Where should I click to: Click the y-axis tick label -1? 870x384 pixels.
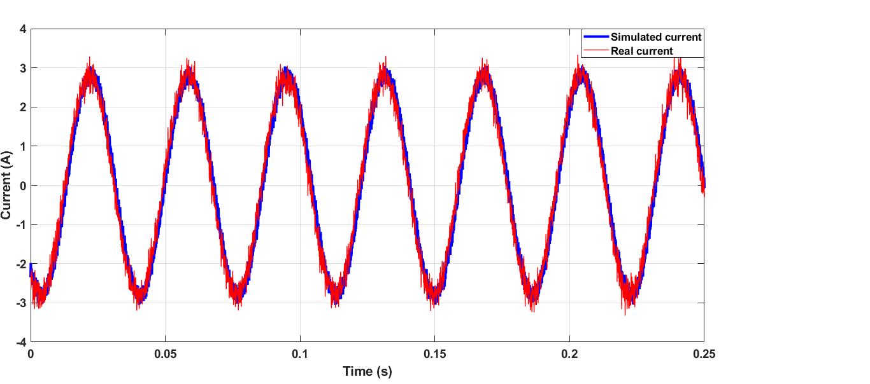pos(20,224)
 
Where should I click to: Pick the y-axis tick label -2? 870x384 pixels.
pos(20,263)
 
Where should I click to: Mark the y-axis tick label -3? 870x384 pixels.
pos(20,303)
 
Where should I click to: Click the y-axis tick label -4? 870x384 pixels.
pos(20,341)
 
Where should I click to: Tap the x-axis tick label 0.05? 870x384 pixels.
pos(165,353)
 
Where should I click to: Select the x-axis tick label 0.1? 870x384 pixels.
pos(300,353)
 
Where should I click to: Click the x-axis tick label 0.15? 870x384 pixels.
pos(434,353)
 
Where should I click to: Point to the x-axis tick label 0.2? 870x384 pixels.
pos(569,353)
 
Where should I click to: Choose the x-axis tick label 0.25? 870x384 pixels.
pos(704,353)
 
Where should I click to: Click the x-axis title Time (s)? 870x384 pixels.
pos(367,371)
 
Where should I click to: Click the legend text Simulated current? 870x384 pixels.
pos(655,37)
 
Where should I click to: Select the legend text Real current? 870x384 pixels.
pos(641,51)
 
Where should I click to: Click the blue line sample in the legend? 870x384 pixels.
pos(595,37)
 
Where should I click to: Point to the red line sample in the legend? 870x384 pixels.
pos(595,51)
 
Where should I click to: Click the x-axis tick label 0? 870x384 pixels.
pos(31,353)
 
